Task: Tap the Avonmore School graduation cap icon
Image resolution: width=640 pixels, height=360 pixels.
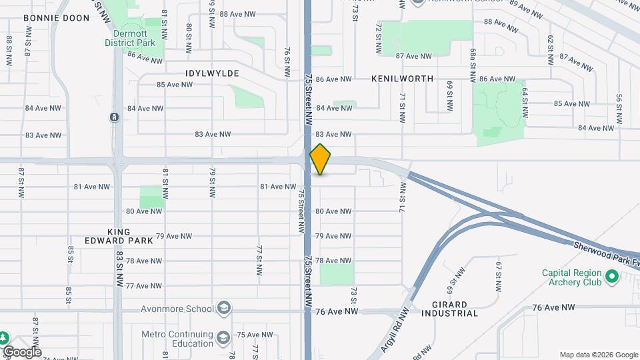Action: click(225, 308)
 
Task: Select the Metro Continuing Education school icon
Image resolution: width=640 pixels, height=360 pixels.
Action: click(223, 339)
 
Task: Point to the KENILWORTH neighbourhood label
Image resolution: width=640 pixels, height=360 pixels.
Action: click(402, 79)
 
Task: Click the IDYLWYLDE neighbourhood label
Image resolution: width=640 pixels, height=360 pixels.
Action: click(212, 73)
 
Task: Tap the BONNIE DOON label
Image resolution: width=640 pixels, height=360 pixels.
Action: click(56, 18)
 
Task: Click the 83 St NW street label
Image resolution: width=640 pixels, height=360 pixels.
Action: click(119, 268)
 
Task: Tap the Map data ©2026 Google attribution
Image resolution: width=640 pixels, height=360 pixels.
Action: click(598, 355)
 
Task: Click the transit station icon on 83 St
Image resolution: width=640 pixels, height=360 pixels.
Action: click(115, 117)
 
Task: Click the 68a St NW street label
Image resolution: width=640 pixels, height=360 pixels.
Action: click(473, 65)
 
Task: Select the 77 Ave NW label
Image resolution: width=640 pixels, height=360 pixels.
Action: click(144, 285)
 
